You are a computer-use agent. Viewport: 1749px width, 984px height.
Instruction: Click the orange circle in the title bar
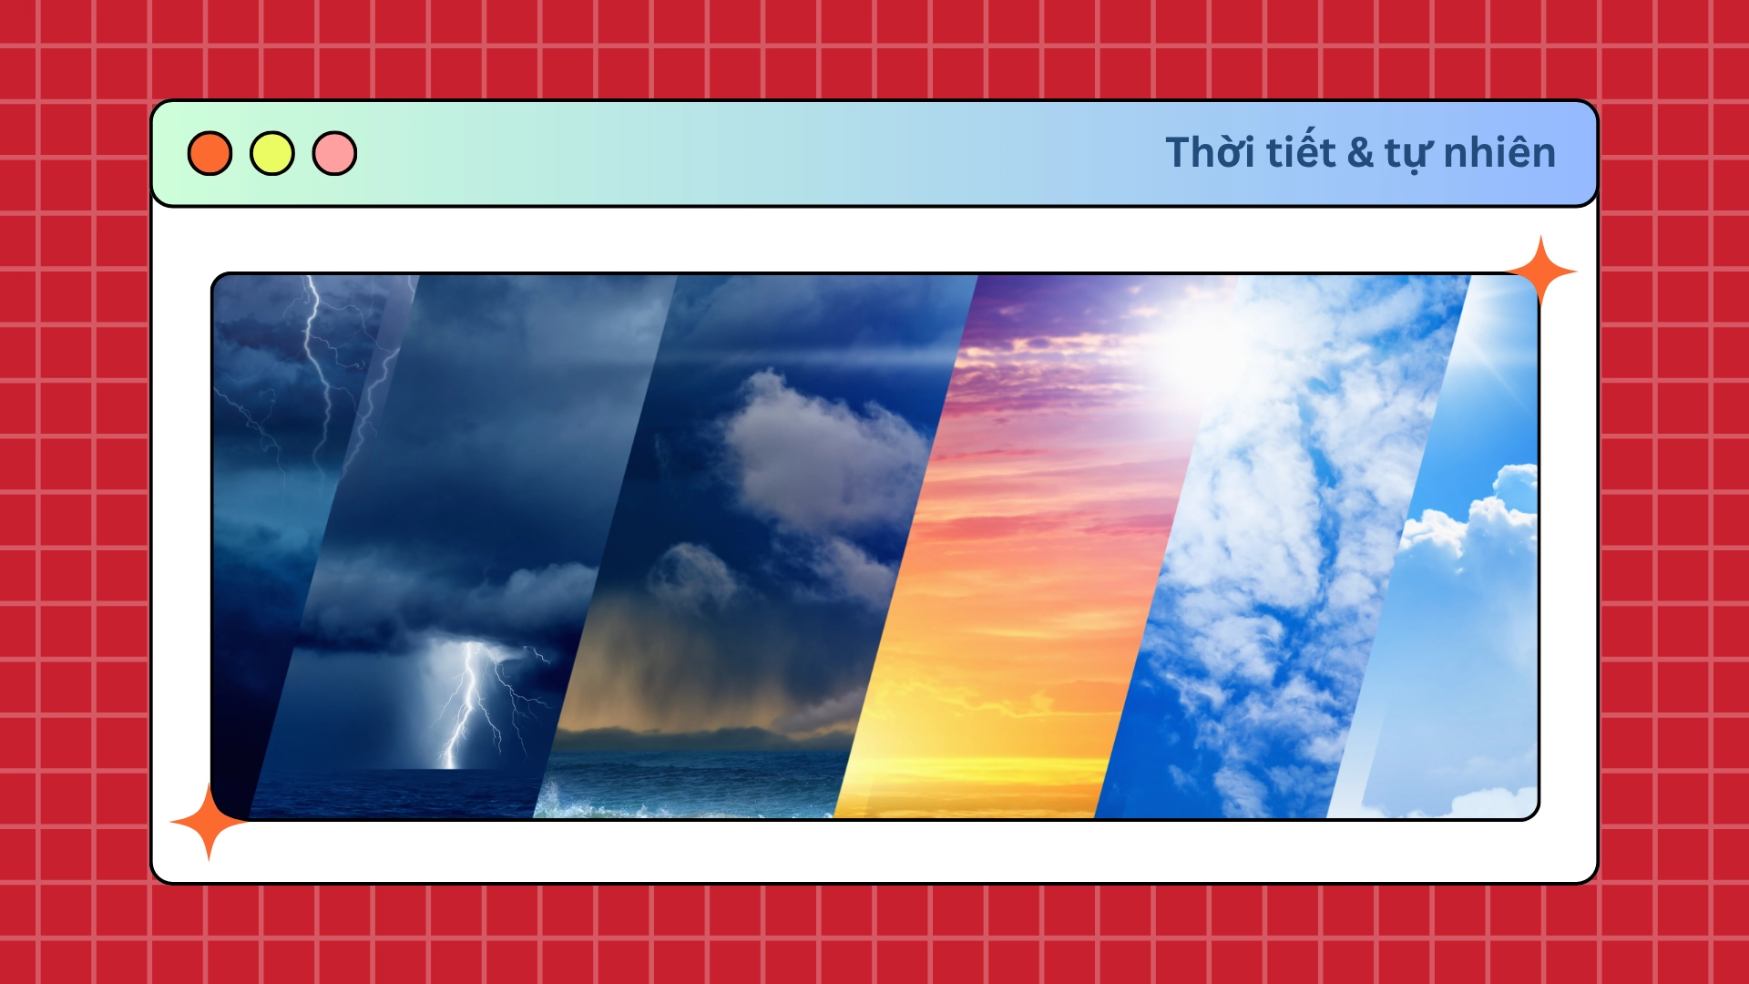click(210, 153)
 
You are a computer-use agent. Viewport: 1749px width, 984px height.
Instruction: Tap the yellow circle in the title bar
click(271, 153)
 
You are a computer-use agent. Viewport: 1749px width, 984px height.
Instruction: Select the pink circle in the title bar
click(334, 153)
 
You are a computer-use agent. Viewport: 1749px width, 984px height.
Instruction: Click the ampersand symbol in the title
click(1360, 153)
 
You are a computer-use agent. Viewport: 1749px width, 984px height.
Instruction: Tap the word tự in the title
click(1408, 154)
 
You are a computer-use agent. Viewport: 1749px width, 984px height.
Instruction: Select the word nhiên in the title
click(1499, 152)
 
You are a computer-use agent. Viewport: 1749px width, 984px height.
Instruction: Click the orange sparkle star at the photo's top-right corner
click(1540, 272)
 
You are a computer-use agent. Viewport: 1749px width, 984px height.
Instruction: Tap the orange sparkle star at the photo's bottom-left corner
click(209, 822)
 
